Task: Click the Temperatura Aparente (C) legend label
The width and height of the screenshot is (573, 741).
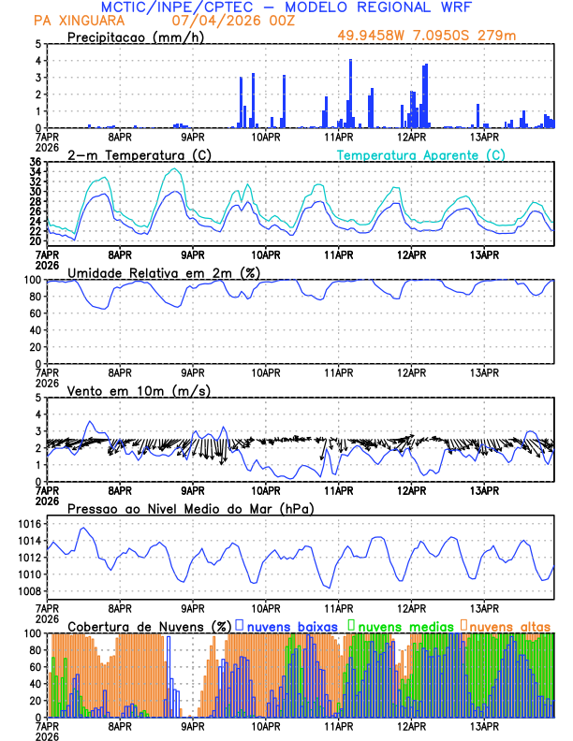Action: (420, 154)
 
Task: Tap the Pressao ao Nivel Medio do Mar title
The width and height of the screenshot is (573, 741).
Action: (190, 508)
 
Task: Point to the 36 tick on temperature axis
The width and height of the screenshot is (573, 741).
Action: (35, 162)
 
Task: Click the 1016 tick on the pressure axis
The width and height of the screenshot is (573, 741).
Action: (29, 525)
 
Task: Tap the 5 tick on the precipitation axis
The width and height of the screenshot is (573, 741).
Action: (37, 44)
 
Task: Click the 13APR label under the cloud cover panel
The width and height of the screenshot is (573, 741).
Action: (485, 726)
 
